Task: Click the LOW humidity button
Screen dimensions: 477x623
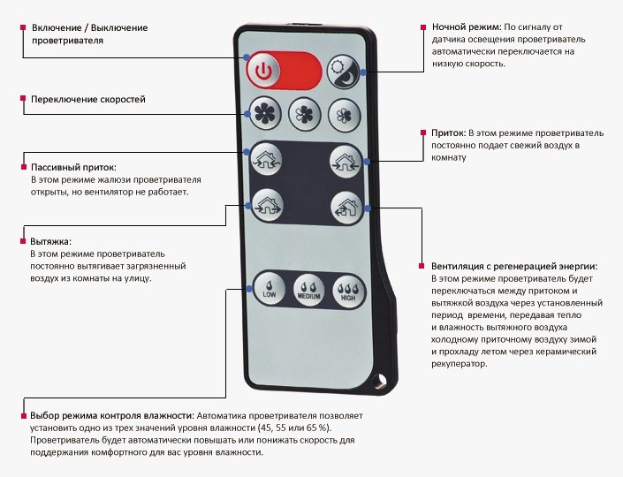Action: pyautogui.click(x=269, y=289)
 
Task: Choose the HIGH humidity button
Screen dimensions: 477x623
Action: pyautogui.click(x=348, y=290)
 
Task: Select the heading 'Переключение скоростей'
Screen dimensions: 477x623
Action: pyautogui.click(x=88, y=100)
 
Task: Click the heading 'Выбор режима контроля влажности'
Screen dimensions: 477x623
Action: pyautogui.click(x=110, y=415)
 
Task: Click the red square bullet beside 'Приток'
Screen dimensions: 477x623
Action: pyautogui.click(x=422, y=132)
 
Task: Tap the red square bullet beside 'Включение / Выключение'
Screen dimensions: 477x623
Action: pyautogui.click(x=22, y=28)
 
